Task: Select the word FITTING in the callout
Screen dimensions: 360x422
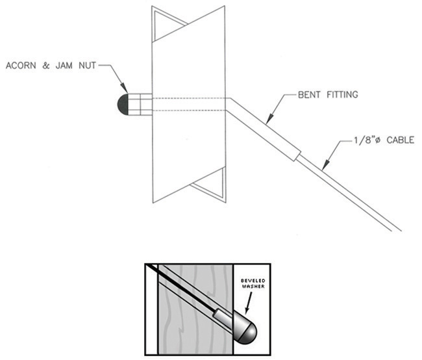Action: point(343,95)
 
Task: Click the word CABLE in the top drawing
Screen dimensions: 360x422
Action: point(398,140)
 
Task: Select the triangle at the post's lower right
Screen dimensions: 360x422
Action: point(212,185)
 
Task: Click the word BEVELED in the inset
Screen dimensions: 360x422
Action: point(249,277)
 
